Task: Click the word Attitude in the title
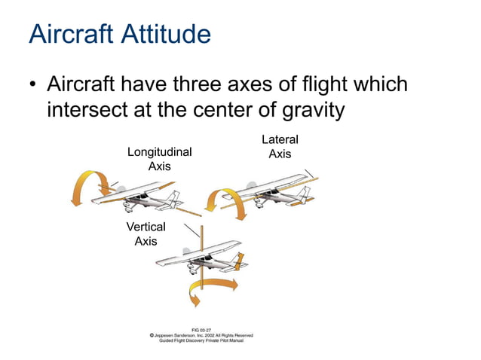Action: [164, 35]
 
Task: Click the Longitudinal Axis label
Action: [159, 159]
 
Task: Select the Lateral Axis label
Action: [280, 146]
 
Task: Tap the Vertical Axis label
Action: [146, 233]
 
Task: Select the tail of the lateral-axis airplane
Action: [304, 195]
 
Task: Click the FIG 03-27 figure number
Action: [201, 330]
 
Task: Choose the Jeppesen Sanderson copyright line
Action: [201, 335]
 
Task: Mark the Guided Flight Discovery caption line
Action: [201, 340]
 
